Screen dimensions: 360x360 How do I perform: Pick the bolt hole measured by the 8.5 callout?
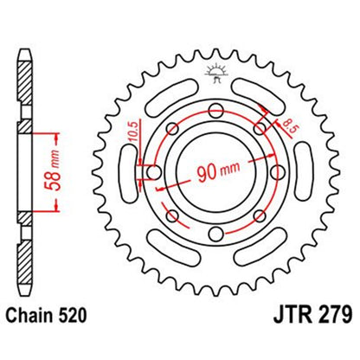click(x=259, y=129)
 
